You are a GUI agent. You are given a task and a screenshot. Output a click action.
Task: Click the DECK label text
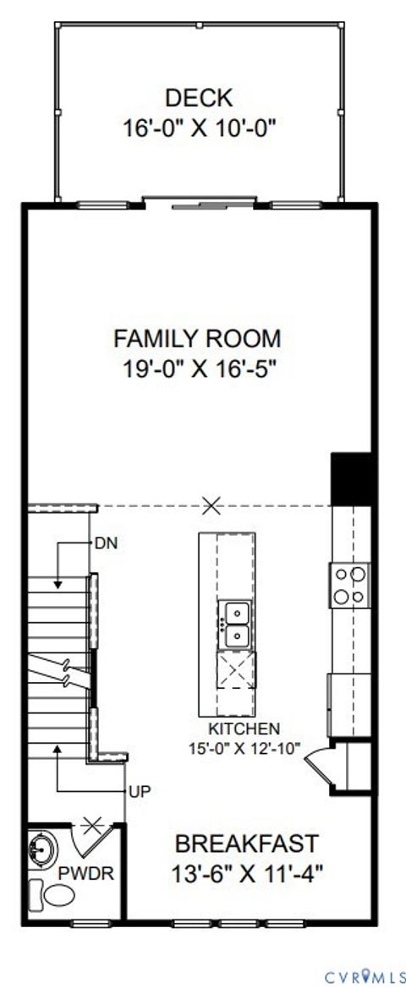pyautogui.click(x=199, y=97)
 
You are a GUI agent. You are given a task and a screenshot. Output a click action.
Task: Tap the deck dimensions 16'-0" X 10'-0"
pyautogui.click(x=199, y=128)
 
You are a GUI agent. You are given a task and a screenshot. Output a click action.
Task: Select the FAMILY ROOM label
pyautogui.click(x=197, y=339)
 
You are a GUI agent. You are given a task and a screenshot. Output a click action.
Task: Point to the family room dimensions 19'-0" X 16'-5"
pyautogui.click(x=197, y=368)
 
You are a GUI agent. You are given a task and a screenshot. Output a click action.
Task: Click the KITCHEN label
pyautogui.click(x=244, y=728)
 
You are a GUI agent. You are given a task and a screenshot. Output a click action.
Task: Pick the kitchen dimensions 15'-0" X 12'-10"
pyautogui.click(x=245, y=747)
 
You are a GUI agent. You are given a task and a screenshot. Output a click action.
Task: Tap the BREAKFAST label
pyautogui.click(x=247, y=843)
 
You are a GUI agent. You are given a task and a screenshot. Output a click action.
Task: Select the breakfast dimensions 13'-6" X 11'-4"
pyautogui.click(x=248, y=872)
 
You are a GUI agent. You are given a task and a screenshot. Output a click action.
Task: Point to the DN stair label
pyautogui.click(x=107, y=543)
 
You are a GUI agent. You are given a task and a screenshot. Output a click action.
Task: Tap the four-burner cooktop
pyautogui.click(x=351, y=585)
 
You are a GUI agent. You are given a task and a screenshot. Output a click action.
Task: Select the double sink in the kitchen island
pyautogui.click(x=234, y=623)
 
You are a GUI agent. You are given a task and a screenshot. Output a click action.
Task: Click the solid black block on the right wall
pyautogui.click(x=352, y=478)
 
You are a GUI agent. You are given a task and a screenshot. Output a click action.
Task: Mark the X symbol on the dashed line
pyautogui.click(x=211, y=506)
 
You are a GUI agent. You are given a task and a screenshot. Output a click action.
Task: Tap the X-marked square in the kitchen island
pyautogui.click(x=234, y=672)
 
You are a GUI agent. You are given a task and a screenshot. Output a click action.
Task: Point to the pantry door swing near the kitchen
pyautogui.click(x=320, y=765)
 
